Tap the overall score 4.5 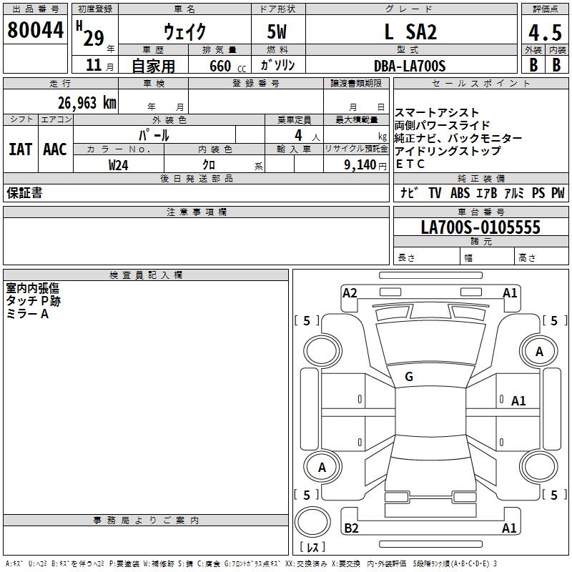[x=543, y=34]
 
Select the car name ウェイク [x=185, y=32]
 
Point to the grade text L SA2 [x=410, y=32]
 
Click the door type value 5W [x=277, y=32]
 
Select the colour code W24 [x=119, y=164]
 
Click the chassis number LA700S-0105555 [x=480, y=227]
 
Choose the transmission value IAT [x=20, y=149]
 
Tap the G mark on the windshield [x=409, y=376]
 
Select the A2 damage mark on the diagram [x=350, y=292]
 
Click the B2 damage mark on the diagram [x=351, y=528]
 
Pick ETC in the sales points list [x=410, y=164]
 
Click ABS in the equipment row [x=460, y=192]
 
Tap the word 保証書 [x=24, y=192]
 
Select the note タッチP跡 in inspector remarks [x=34, y=301]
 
